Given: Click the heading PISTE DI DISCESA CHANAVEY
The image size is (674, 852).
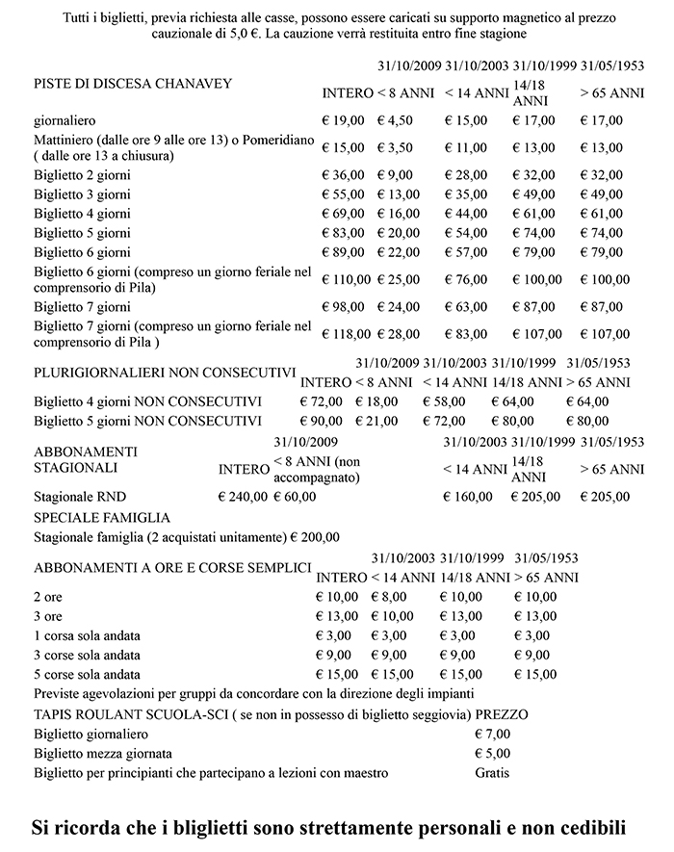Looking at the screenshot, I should tap(134, 84).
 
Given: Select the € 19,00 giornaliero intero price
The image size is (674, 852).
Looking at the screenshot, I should tap(344, 120).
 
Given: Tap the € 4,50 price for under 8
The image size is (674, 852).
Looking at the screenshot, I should tap(398, 120).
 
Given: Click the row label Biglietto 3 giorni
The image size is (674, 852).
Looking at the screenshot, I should tap(82, 194).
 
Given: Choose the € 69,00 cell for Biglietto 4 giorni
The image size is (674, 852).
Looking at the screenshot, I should tap(344, 213).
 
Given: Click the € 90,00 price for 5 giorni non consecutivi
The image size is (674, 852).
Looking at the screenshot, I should tap(323, 421).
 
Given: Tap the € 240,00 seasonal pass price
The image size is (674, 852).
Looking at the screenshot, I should tap(244, 497).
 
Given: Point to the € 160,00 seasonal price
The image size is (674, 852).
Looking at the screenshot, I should tap(468, 497).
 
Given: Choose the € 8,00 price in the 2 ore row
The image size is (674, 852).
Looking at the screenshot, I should tap(389, 597).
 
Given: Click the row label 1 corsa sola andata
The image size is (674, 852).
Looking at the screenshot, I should tap(90, 635).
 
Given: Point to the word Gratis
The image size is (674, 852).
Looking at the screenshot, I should tap(493, 772).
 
